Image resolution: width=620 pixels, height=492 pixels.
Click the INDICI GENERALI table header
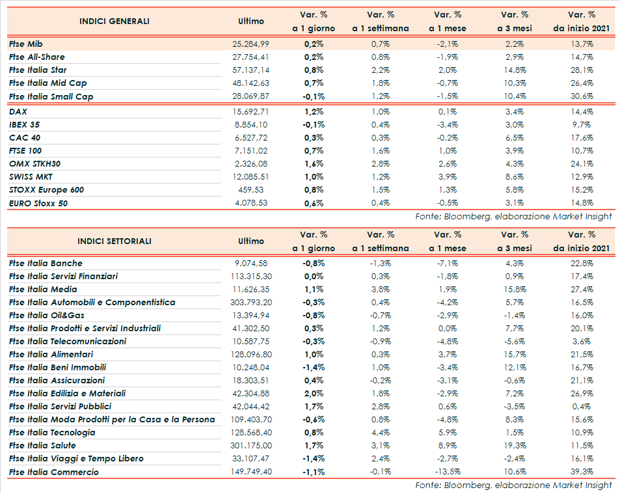tap(114, 21)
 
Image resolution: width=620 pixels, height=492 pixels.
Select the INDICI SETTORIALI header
tap(114, 241)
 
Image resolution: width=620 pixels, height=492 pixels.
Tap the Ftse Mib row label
tap(26, 44)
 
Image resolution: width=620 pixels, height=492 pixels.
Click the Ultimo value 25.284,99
tap(250, 44)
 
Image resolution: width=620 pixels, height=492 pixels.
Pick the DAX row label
tap(18, 112)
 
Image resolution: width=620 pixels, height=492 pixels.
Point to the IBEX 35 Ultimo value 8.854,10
tap(252, 125)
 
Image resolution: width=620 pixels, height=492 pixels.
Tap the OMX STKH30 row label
tap(36, 164)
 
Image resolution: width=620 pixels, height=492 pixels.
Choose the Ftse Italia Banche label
tap(46, 264)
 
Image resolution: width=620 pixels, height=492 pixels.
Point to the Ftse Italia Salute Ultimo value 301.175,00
tap(250, 446)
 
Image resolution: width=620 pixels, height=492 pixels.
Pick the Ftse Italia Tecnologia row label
tap(52, 433)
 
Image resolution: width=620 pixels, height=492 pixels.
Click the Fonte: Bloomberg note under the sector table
tap(513, 485)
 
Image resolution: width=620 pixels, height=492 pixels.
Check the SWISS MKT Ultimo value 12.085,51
tap(250, 177)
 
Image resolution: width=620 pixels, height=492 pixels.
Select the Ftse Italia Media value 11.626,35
tap(250, 290)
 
